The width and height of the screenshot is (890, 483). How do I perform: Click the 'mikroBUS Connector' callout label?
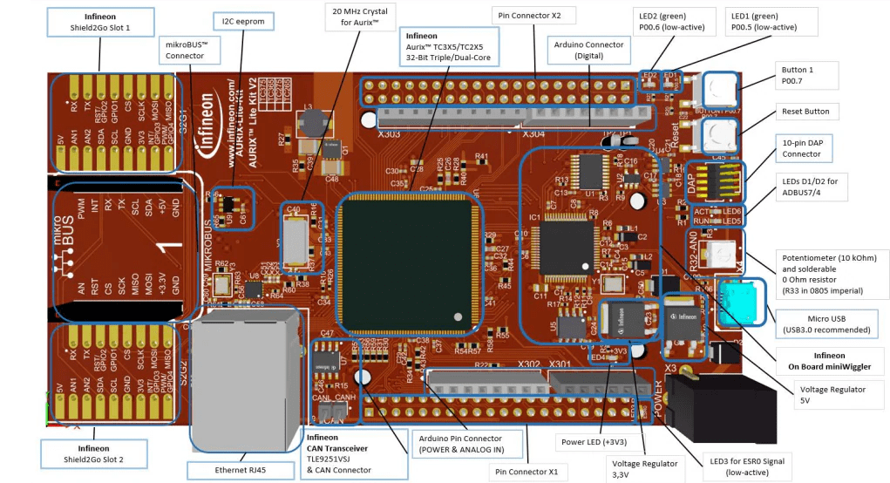coord(186,49)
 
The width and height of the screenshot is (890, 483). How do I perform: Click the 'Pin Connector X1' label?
coord(527,472)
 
